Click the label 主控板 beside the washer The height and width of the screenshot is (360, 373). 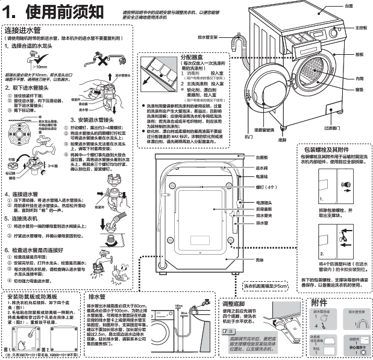pyautogui.click(x=361, y=28)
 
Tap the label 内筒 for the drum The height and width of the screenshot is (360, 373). pyautogui.click(x=359, y=78)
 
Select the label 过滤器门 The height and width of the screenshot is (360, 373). pyautogui.click(x=349, y=128)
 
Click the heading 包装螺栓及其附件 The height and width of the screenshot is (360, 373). pyautogui.click(x=333, y=149)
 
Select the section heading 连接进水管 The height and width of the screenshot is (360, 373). pyautogui.click(x=22, y=30)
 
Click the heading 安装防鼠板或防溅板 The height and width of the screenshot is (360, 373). pyautogui.click(x=36, y=297)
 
